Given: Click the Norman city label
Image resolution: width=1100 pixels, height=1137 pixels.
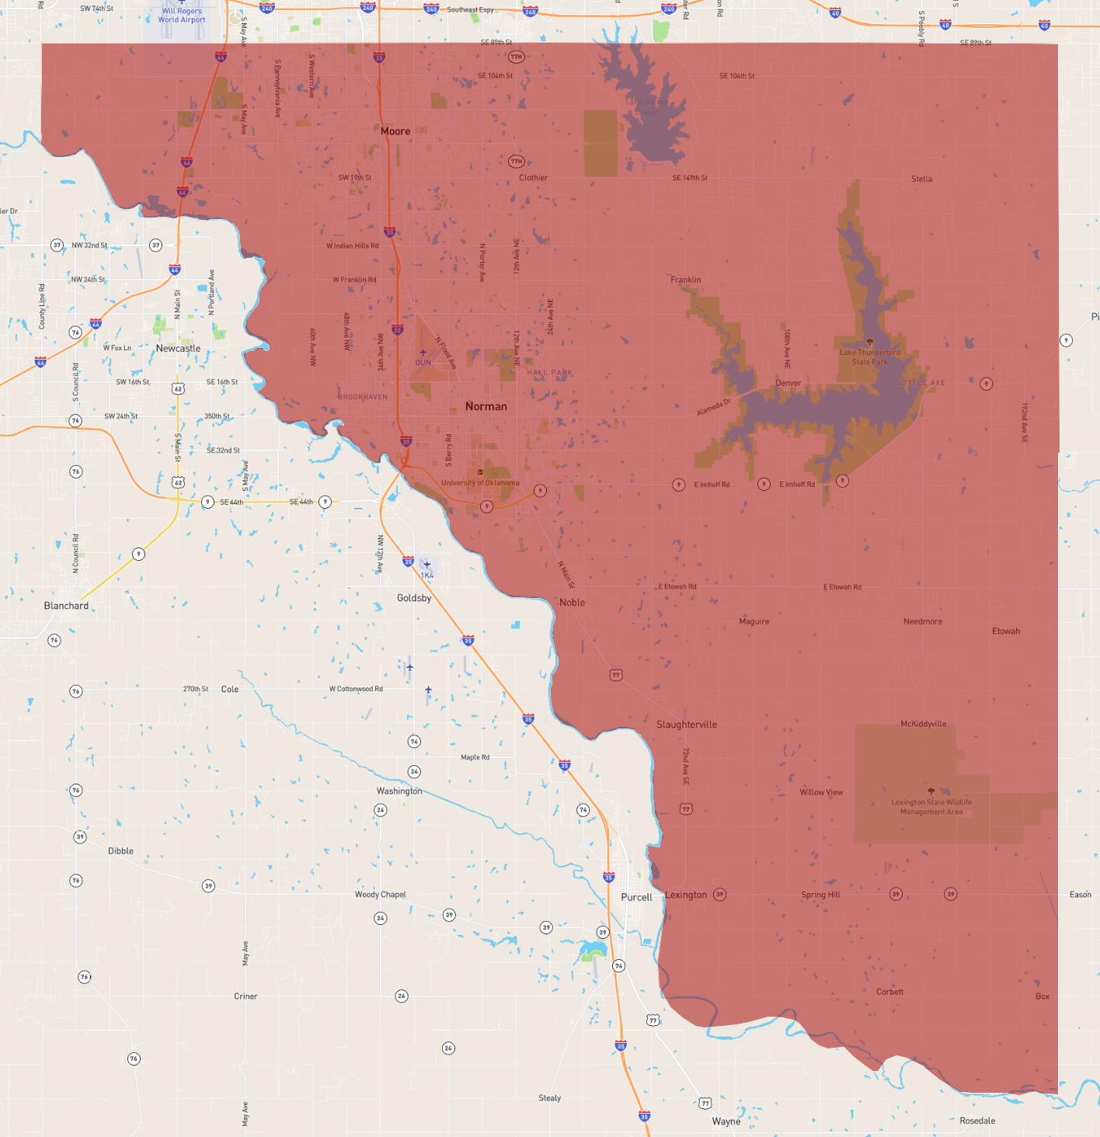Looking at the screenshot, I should [486, 406].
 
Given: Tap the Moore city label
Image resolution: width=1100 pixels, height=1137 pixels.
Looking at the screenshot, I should [395, 131].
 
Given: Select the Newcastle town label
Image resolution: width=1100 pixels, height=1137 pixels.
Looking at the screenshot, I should [178, 349].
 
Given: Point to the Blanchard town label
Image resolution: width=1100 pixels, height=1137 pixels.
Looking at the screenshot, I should [66, 606].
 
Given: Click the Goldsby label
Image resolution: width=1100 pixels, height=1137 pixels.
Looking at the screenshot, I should [414, 598].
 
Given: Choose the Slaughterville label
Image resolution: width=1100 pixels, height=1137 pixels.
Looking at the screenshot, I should [687, 725].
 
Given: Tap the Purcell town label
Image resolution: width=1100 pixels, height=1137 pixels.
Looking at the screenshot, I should [636, 897].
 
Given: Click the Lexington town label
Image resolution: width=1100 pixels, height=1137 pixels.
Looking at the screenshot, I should [686, 895].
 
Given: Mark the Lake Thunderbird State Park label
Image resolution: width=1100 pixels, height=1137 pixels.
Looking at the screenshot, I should [869, 357].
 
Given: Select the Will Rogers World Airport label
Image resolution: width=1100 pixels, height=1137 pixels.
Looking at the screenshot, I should [182, 16].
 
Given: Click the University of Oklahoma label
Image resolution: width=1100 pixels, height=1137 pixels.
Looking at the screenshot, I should [480, 483].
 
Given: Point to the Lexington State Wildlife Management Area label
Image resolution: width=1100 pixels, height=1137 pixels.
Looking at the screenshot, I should [931, 807].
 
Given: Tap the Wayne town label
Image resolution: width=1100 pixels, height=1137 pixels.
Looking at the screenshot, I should [726, 1121].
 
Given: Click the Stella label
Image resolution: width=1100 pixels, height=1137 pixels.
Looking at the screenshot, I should [922, 179].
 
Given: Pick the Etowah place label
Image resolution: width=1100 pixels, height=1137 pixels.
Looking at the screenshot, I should [1006, 631].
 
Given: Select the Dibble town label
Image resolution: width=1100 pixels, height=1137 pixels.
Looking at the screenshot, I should [120, 851].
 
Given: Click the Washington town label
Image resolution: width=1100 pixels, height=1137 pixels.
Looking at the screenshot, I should [399, 791].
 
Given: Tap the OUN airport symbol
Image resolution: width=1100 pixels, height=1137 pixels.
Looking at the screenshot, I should [423, 353].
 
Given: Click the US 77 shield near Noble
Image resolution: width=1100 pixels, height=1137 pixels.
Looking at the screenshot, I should [616, 675].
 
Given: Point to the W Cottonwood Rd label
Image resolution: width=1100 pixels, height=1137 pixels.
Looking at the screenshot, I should [356, 689].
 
